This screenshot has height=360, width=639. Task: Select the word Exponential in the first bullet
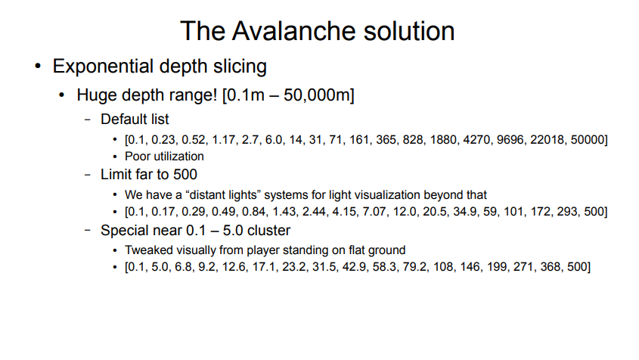click(103, 66)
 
